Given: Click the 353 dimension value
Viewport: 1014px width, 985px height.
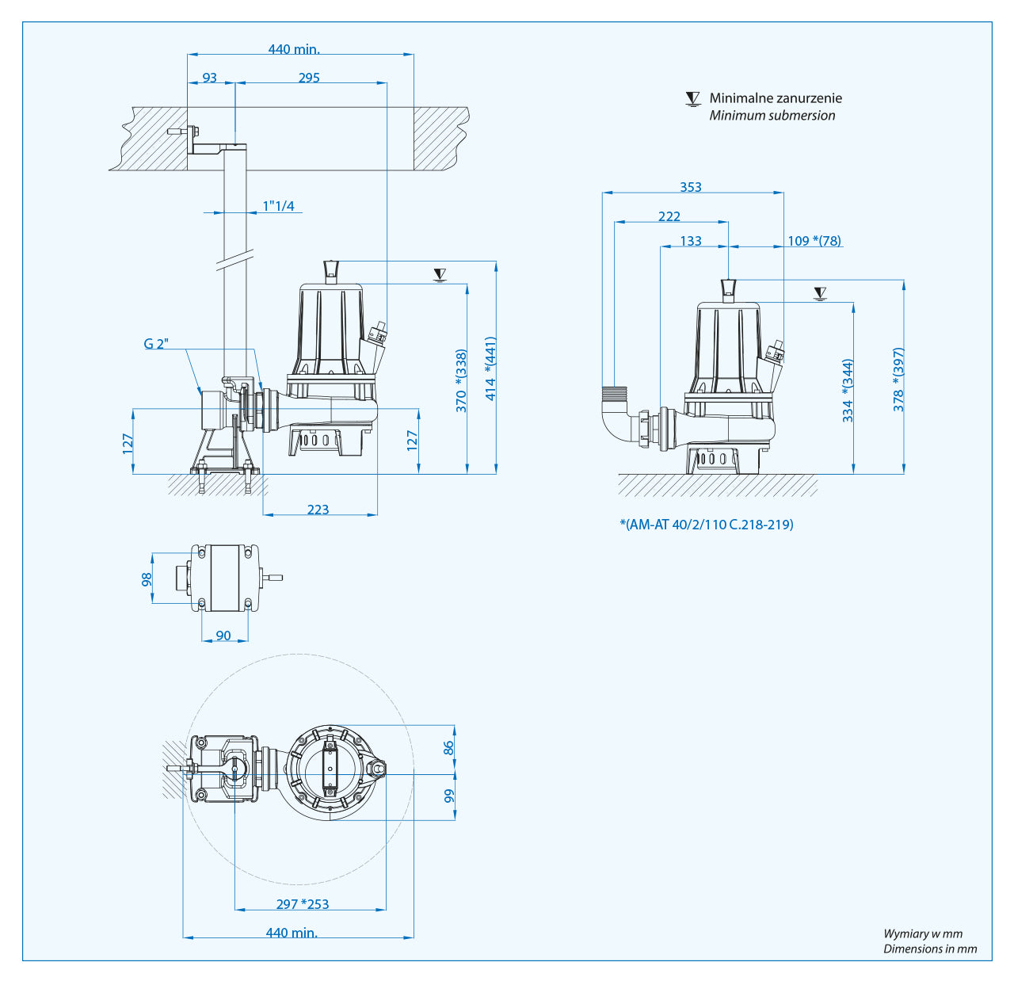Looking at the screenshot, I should coord(691,187).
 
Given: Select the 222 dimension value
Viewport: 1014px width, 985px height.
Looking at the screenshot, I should coord(669,216).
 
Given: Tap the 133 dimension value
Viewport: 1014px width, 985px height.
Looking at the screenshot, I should coord(691,241).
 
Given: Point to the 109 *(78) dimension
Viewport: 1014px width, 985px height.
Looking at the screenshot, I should coord(814,241).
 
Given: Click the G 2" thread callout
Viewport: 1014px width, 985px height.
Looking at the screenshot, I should coord(156,344).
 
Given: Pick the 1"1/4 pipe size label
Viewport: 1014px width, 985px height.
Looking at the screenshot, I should coord(279,206).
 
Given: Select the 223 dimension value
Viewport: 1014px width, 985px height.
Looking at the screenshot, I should coord(318,510).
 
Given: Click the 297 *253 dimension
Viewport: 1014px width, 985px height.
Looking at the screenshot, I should coord(303,904).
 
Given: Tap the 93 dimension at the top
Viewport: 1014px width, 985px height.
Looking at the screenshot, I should coord(209,78).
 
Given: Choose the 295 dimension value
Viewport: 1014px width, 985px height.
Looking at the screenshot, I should coord(309,78).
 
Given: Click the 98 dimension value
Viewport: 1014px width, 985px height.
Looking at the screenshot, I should coord(147,579).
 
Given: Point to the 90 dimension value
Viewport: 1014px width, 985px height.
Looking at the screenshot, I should coord(223,636).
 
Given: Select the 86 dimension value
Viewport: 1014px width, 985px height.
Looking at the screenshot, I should coord(449,747).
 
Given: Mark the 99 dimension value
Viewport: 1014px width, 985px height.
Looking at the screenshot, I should coord(449,796).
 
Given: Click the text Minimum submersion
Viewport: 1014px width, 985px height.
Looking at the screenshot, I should coord(772,116).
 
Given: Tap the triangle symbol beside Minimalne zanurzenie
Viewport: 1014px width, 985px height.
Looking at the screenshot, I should coord(693,99).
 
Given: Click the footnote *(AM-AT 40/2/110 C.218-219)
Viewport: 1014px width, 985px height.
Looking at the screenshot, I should coord(707,525).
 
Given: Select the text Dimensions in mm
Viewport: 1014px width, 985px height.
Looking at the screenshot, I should coord(930,949).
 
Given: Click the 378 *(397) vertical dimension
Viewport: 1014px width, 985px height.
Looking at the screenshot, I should coord(898,380).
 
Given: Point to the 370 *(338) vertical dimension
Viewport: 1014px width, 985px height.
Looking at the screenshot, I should coord(461,381).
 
